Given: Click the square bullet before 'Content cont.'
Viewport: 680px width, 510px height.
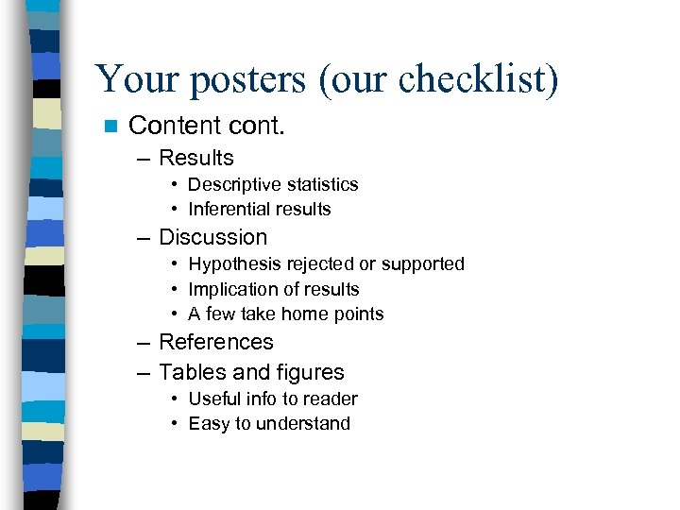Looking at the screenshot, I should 110,126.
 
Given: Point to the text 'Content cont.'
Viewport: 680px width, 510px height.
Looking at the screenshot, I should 206,126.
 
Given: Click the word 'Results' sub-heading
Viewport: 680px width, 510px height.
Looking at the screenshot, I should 195,158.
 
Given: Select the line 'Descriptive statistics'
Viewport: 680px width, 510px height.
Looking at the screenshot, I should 273,184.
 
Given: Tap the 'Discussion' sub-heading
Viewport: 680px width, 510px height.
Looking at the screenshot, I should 212,237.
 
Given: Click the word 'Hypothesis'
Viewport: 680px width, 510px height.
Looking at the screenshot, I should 231,263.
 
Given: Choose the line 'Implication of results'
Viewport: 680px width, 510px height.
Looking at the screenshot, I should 274,289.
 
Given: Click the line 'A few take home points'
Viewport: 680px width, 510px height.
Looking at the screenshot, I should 285,314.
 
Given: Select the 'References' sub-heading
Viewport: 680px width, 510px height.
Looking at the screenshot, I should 215,342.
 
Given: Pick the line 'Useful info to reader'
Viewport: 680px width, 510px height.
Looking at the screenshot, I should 272,399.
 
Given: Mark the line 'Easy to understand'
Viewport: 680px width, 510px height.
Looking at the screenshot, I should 269,423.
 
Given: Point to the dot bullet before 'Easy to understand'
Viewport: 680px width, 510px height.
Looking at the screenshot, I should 176,424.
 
